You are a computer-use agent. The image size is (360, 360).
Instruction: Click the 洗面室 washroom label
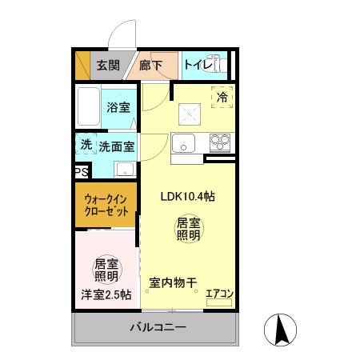[116, 146]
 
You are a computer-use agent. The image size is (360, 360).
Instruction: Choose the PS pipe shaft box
[81, 171]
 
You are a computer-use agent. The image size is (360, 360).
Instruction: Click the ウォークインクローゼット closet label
[106, 207]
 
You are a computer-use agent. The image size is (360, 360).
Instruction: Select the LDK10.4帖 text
[187, 195]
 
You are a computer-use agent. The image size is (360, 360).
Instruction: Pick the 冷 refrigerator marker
[222, 95]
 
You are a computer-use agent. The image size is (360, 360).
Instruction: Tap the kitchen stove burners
[220, 143]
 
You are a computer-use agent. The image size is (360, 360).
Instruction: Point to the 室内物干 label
[173, 282]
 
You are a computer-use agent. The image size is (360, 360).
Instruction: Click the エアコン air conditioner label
[219, 294]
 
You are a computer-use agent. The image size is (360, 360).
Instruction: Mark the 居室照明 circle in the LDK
[188, 230]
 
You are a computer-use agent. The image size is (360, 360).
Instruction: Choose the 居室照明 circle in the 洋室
[106, 270]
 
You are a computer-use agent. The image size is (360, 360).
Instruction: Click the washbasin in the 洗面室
[124, 169]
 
